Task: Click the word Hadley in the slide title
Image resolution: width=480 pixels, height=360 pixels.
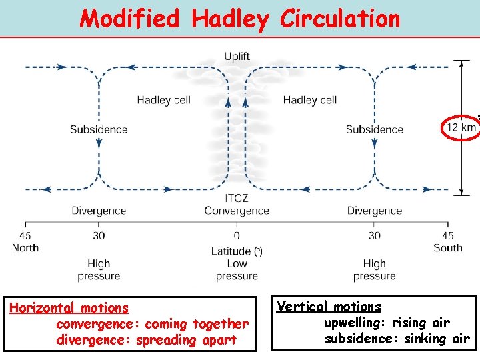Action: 229,19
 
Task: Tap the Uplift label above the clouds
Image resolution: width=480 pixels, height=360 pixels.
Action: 237,56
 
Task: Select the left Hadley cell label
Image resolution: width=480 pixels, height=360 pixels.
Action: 163,100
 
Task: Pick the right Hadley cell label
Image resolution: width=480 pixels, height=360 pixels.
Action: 309,100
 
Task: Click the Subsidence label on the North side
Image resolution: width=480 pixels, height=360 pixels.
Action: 98,129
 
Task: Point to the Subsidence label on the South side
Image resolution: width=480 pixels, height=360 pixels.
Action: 374,129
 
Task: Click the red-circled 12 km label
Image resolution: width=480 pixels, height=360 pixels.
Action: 461,127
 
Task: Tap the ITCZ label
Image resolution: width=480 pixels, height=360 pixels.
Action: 237,199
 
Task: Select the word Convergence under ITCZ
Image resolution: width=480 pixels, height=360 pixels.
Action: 237,211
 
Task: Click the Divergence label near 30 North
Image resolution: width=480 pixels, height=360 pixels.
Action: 99,211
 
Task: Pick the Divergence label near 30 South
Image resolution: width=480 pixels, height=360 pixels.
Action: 374,211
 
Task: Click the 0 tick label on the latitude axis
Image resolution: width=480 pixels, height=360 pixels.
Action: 237,235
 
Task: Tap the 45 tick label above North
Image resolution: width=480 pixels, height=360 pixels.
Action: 25,235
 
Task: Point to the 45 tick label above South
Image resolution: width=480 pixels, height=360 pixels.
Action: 448,235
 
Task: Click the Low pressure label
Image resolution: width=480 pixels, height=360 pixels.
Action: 237,270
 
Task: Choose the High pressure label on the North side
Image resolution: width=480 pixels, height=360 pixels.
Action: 99,270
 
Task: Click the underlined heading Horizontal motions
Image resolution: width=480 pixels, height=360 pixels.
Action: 69,308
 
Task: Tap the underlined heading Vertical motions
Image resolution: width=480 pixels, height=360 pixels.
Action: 329,307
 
